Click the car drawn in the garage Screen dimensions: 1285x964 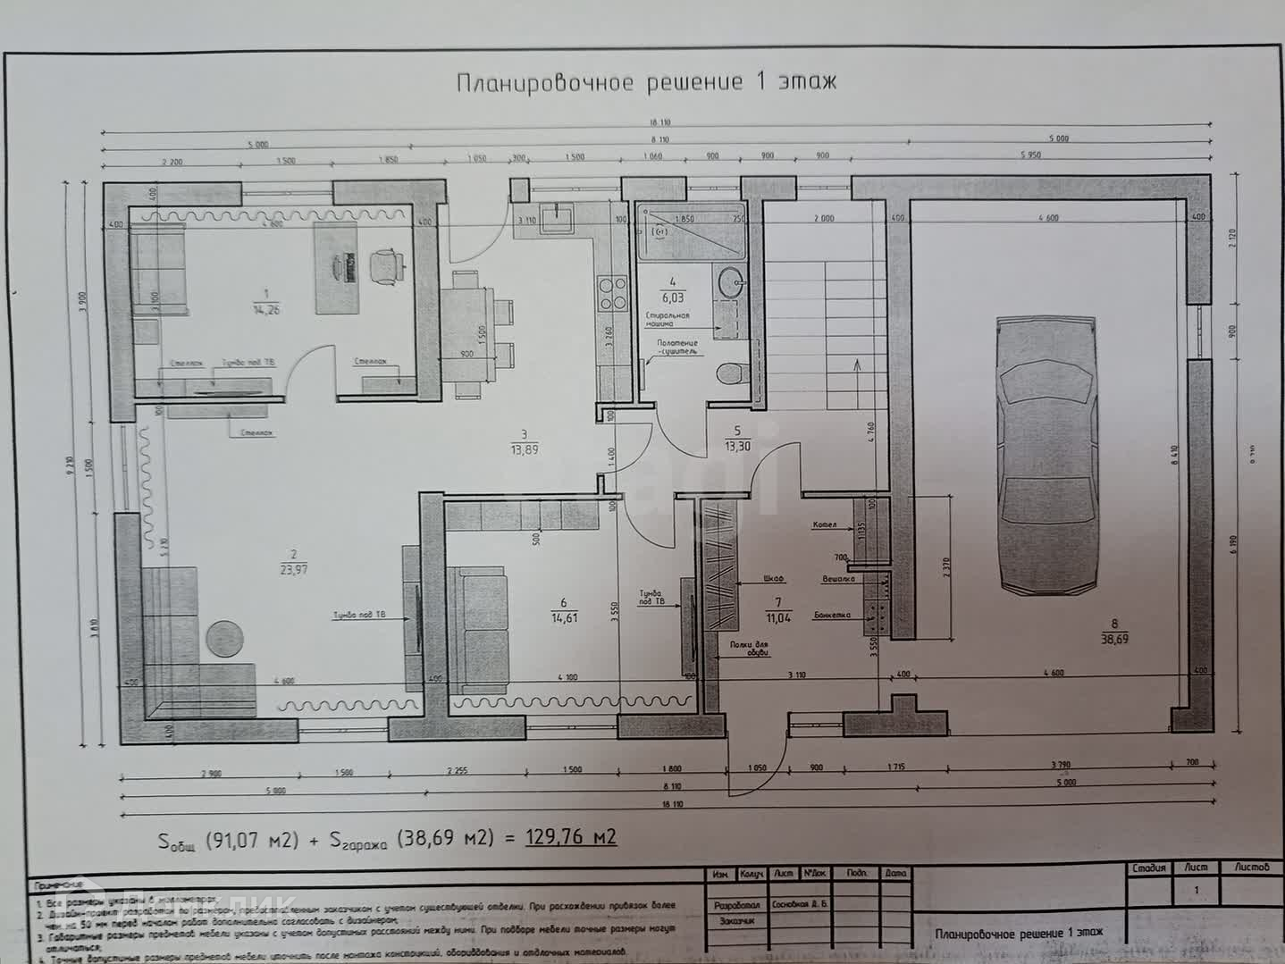tap(1048, 456)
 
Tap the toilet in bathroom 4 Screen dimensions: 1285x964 tap(732, 372)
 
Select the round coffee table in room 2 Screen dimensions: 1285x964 tap(225, 638)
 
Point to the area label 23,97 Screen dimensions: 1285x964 tap(293, 569)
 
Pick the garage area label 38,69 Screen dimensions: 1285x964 tap(1114, 639)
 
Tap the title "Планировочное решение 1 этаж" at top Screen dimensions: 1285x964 tap(647, 82)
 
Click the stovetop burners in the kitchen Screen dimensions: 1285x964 tap(613, 294)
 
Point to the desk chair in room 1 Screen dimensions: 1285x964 tap(385, 264)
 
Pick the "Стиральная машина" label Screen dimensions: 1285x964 tap(668, 320)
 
